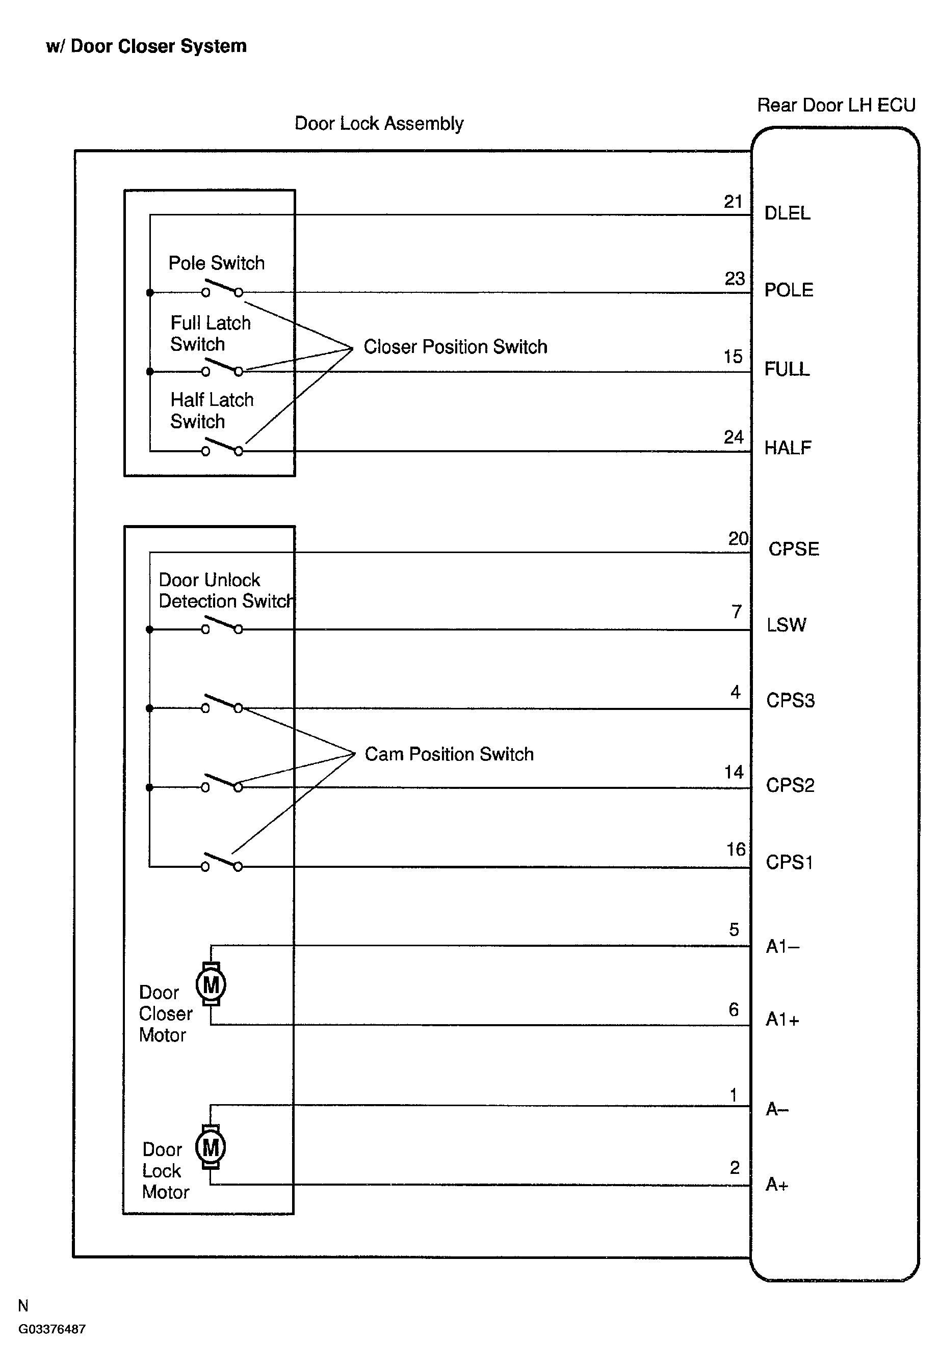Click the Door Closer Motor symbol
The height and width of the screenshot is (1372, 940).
211,984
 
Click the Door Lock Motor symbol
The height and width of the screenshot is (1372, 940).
211,1147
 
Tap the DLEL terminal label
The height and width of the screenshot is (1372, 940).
787,213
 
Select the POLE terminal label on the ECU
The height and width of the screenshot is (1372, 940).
789,290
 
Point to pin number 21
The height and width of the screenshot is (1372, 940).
733,202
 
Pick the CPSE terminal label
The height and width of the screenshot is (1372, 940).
794,549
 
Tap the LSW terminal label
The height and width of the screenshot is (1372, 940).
787,624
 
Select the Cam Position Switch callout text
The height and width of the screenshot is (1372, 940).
449,754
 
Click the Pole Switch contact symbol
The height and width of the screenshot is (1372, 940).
222,288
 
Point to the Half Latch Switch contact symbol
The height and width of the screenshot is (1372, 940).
222,446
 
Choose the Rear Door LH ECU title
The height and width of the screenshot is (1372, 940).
836,105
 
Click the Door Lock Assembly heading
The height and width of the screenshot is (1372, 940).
379,123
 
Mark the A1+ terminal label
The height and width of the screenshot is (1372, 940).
782,1019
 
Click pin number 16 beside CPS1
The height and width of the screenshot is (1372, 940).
736,849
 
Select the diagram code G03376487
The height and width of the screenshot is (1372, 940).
52,1329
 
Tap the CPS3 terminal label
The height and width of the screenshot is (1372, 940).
791,700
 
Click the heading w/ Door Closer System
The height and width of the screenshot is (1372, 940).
146,46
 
